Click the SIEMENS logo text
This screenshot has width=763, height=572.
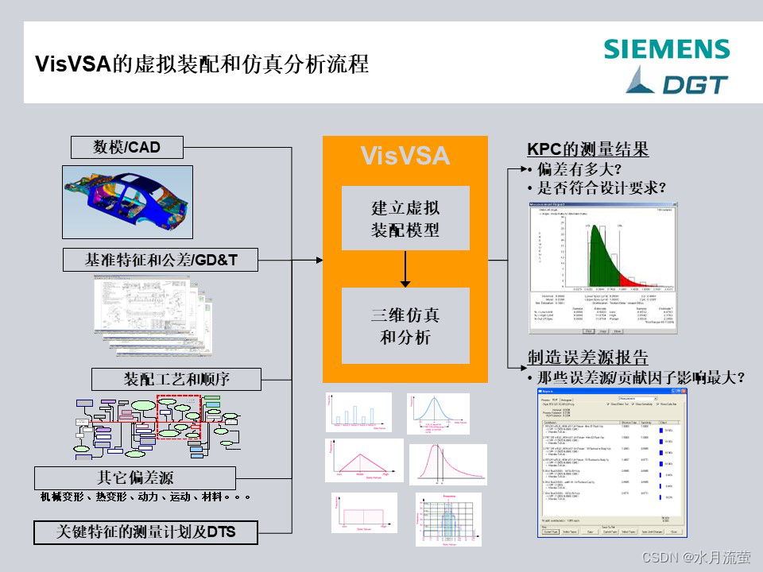[666, 49]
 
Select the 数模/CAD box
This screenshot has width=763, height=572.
[127, 148]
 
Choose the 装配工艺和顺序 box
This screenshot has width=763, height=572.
[176, 379]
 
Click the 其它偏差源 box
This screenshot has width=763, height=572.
[135, 477]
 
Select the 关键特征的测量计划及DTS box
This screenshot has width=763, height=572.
[146, 531]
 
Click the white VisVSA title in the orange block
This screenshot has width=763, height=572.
[405, 155]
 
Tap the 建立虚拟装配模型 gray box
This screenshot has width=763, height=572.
[405, 218]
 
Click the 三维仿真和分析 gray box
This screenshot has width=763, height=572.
[405, 326]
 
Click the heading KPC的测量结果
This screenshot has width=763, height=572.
[587, 149]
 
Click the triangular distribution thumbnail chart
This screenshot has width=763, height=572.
[363, 460]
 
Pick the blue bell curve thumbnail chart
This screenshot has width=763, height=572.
[437, 412]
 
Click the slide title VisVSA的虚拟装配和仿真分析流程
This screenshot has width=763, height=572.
[202, 64]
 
